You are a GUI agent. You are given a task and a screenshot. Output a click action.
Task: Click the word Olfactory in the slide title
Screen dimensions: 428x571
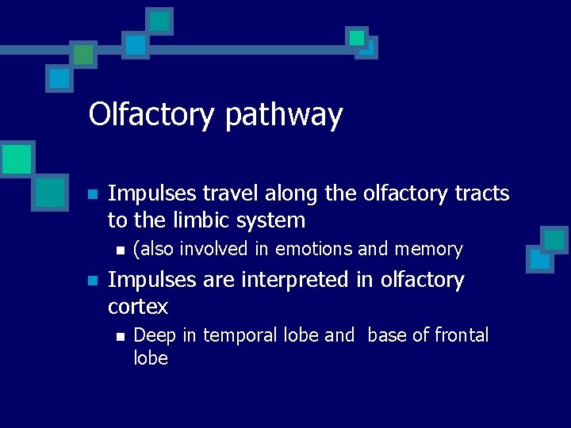click(151, 115)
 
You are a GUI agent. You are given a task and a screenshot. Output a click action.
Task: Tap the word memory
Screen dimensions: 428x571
click(428, 250)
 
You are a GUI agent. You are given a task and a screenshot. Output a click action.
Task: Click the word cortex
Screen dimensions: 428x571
click(138, 306)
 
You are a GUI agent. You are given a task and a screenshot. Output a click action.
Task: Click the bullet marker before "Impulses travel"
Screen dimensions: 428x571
click(92, 194)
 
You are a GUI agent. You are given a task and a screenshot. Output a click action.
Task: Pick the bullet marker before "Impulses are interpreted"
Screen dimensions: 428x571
click(92, 281)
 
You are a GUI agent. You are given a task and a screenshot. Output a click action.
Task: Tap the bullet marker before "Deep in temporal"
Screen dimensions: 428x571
click(119, 336)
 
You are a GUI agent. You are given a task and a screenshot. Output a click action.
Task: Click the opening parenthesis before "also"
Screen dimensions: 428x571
click(136, 250)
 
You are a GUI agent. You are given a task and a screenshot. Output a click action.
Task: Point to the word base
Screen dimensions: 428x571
click(387, 335)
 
